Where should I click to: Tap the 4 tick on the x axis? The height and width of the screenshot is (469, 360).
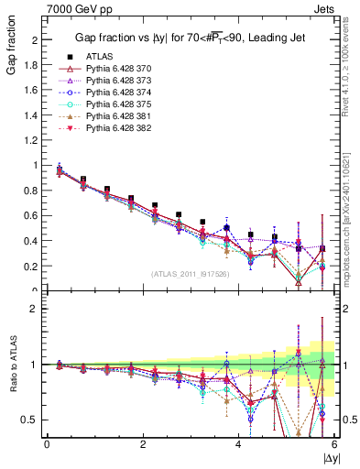pyautogui.click(x=238, y=444)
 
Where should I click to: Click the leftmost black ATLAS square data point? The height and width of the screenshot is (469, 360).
pyautogui.click(x=60, y=169)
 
